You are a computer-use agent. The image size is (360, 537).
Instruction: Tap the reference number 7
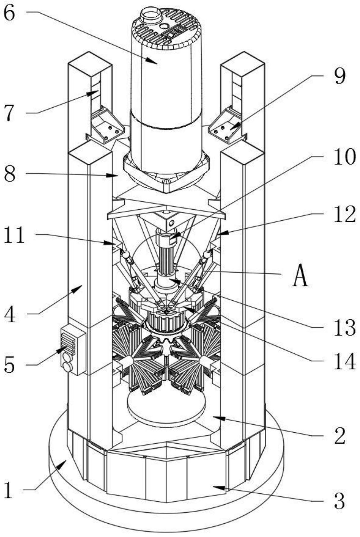[x=10, y=113]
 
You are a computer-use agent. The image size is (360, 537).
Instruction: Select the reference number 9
[x=339, y=76]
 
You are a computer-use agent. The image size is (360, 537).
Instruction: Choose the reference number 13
[x=345, y=327]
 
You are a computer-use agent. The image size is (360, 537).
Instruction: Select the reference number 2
[x=340, y=436]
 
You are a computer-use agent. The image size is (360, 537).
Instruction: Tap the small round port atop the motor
[x=151, y=15]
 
